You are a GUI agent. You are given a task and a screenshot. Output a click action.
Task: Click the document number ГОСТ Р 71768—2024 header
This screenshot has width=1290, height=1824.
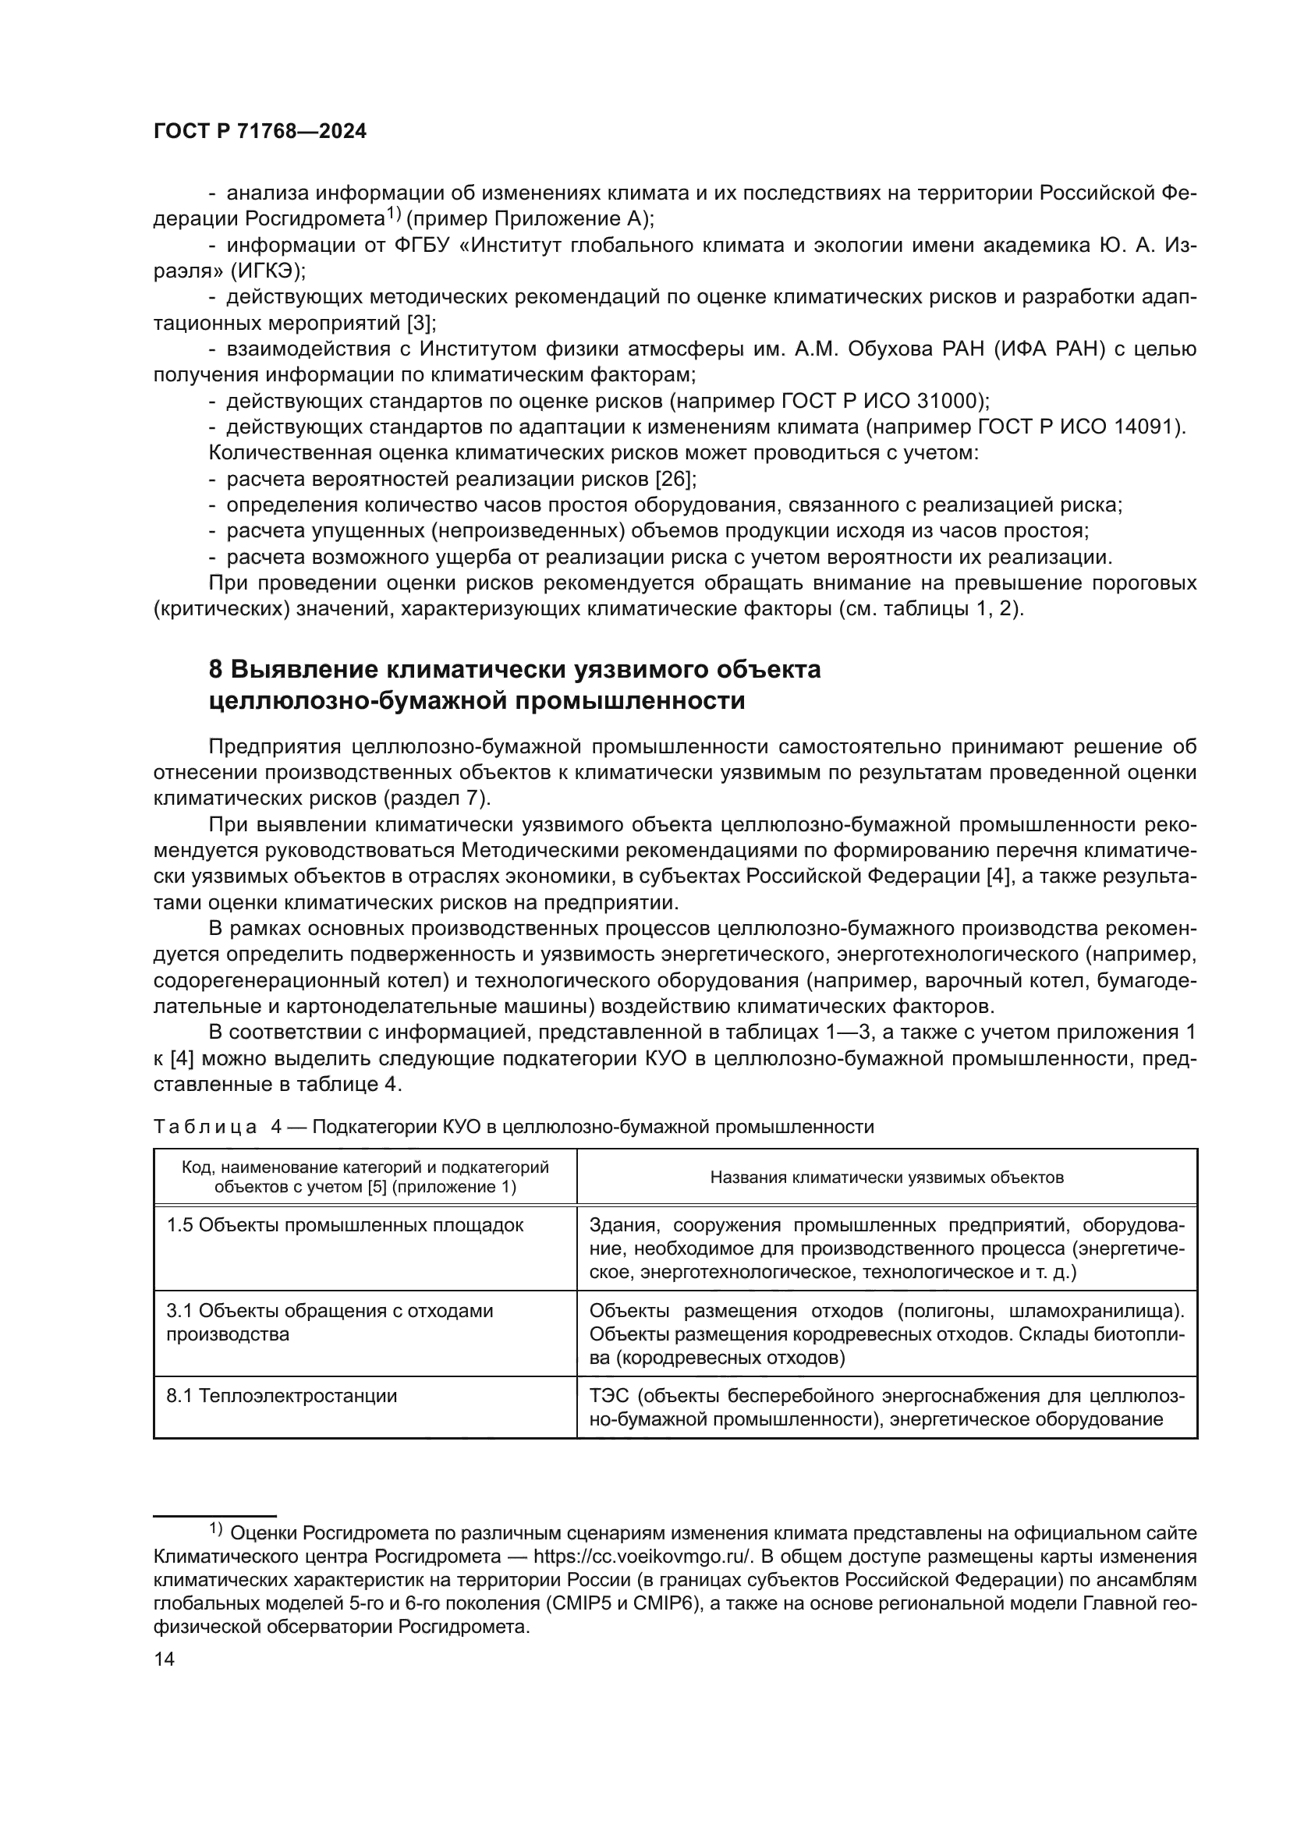[260, 132]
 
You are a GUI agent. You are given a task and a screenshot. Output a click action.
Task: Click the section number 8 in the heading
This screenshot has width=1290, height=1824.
[216, 670]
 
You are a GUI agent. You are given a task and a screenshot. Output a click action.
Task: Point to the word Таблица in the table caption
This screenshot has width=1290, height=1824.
[204, 1128]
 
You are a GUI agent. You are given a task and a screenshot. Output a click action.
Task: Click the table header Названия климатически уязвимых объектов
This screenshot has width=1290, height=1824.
[887, 1178]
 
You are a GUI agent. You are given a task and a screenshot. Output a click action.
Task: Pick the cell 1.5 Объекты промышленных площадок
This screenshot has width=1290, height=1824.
[345, 1225]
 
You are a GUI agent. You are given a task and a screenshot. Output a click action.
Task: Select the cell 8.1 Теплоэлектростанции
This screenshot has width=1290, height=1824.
[282, 1396]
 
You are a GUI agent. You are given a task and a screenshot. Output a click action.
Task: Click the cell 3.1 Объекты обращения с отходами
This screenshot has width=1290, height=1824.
[330, 1311]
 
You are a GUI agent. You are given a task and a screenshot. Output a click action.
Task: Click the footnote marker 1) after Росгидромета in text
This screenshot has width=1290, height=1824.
[395, 213]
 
